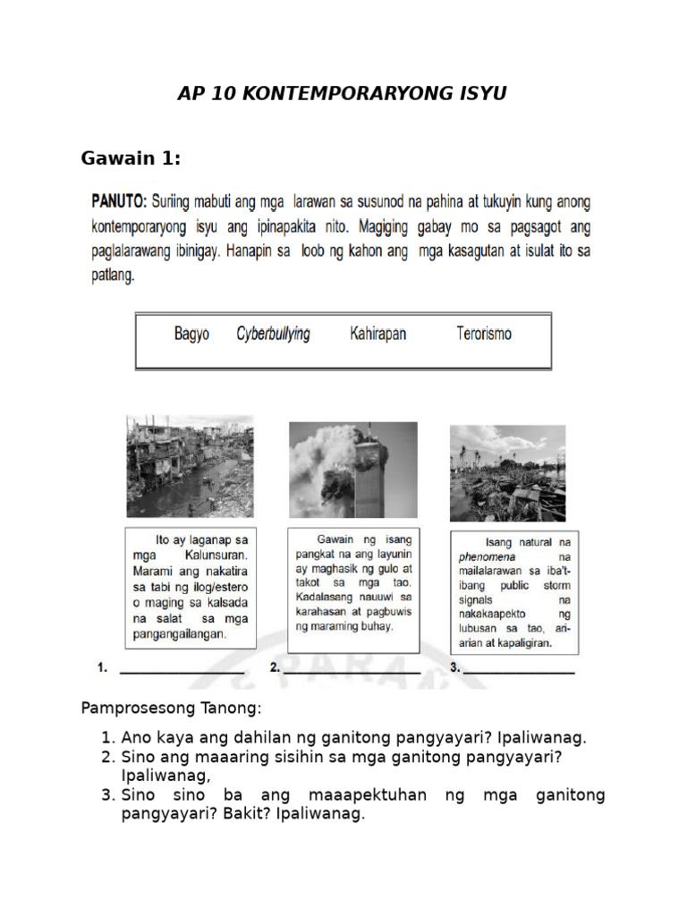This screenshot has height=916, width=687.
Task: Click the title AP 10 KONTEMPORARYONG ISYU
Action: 342,94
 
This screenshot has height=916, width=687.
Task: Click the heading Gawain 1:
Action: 131,159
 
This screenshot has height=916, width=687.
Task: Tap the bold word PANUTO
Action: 119,200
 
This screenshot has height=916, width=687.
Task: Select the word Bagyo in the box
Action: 191,334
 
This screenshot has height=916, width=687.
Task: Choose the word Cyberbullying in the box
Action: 273,334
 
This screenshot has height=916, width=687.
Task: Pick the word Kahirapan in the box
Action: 377,334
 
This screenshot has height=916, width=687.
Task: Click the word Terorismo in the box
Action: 484,334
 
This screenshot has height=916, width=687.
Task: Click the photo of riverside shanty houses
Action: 190,465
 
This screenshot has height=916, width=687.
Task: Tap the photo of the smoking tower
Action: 352,470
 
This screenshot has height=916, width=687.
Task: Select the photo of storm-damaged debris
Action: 507,472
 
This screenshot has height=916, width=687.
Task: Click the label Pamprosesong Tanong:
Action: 172,708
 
